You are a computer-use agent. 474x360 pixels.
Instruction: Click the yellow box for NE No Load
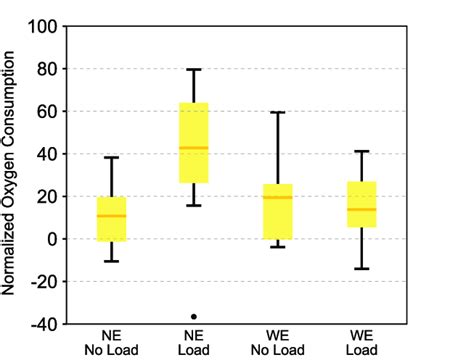pos(112,219)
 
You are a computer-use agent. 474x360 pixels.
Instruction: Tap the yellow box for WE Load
pos(361,204)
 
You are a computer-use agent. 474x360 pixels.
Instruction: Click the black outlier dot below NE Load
pos(193,316)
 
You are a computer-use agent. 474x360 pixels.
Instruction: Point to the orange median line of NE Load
pos(193,148)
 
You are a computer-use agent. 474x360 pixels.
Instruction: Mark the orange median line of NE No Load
pos(112,216)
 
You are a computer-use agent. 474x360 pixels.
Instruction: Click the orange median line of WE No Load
pos(277,197)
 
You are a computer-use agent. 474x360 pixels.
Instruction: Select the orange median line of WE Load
pos(361,209)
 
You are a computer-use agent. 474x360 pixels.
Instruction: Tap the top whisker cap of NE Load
pos(193,70)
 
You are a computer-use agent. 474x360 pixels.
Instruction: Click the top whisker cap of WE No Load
pos(277,112)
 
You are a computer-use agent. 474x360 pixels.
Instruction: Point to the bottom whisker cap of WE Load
pos(361,269)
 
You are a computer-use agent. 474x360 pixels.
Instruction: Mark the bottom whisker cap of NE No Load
pos(112,261)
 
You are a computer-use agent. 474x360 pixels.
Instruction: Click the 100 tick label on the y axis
pos(43,27)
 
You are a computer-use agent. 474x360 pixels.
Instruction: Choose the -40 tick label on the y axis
pos(43,324)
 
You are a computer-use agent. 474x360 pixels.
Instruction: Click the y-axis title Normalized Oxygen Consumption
pos(11,175)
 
